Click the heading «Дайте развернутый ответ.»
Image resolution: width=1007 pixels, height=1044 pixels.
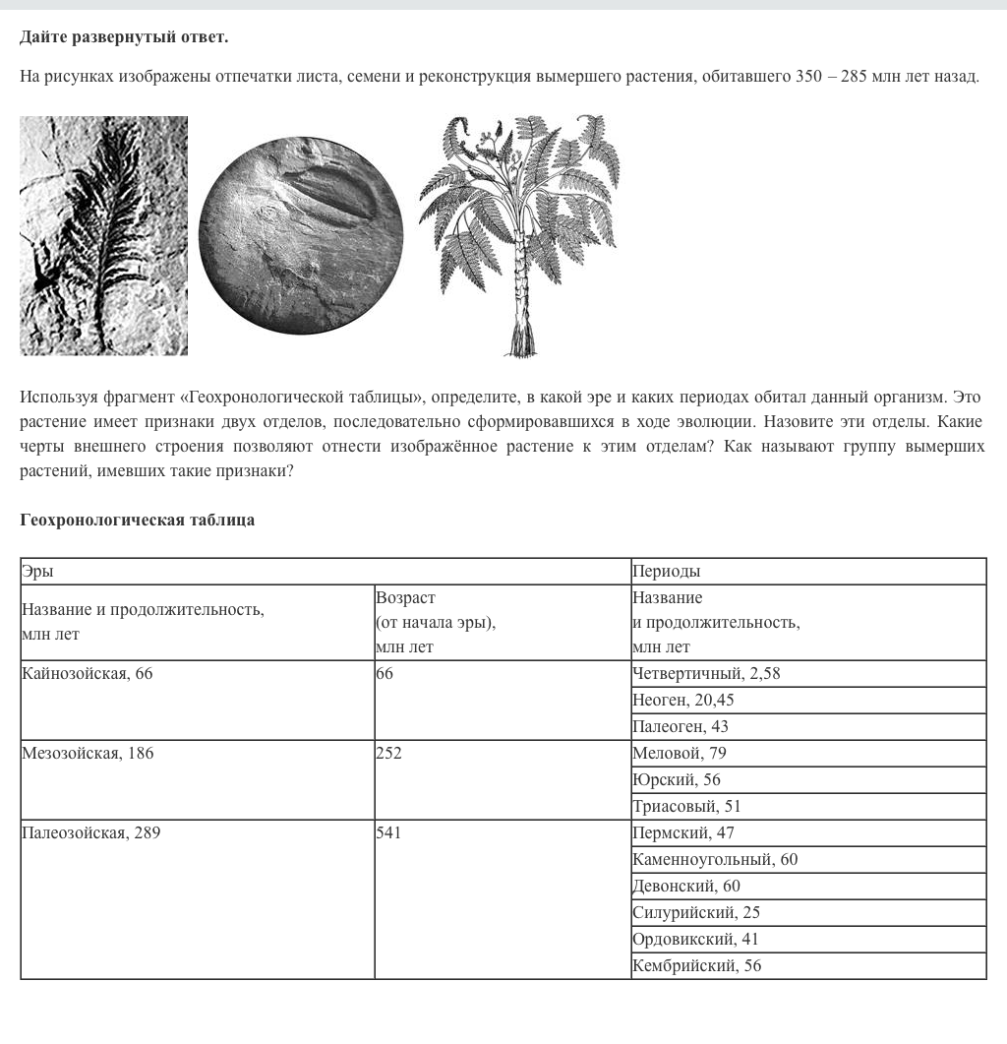pos(124,37)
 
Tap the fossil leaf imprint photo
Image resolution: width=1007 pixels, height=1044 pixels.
pos(103,235)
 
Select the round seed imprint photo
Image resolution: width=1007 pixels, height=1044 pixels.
pos(300,236)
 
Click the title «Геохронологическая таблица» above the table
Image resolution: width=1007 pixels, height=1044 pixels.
pos(137,520)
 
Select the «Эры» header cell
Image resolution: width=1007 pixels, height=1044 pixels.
pos(325,571)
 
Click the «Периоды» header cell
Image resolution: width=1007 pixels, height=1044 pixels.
pos(808,571)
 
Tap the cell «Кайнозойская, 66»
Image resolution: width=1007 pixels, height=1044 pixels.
pos(197,700)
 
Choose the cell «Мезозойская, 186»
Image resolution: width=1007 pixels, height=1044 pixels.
pos(197,779)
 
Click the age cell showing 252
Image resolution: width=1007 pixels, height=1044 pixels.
pos(502,779)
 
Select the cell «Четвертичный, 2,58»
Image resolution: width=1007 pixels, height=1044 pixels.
pos(808,673)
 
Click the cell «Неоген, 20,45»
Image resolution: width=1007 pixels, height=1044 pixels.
pos(808,700)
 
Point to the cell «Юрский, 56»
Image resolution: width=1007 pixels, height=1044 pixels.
pos(808,779)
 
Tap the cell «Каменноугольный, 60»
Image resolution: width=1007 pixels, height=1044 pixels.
pos(808,859)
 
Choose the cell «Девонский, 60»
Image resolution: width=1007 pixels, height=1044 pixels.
pos(808,886)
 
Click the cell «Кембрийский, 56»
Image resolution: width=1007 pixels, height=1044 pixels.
pos(808,965)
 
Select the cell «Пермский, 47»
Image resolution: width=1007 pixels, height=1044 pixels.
pos(808,832)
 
